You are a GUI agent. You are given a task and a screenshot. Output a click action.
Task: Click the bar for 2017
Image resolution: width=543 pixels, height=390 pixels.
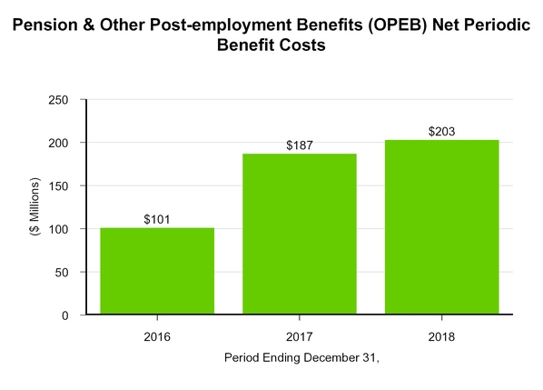click(x=299, y=234)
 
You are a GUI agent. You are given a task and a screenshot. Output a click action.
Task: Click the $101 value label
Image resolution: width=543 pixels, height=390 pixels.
click(x=157, y=219)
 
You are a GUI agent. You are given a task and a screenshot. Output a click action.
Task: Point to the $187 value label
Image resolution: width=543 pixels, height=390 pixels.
click(x=299, y=145)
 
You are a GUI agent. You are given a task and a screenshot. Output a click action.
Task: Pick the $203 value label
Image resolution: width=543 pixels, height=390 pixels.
click(x=441, y=132)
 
